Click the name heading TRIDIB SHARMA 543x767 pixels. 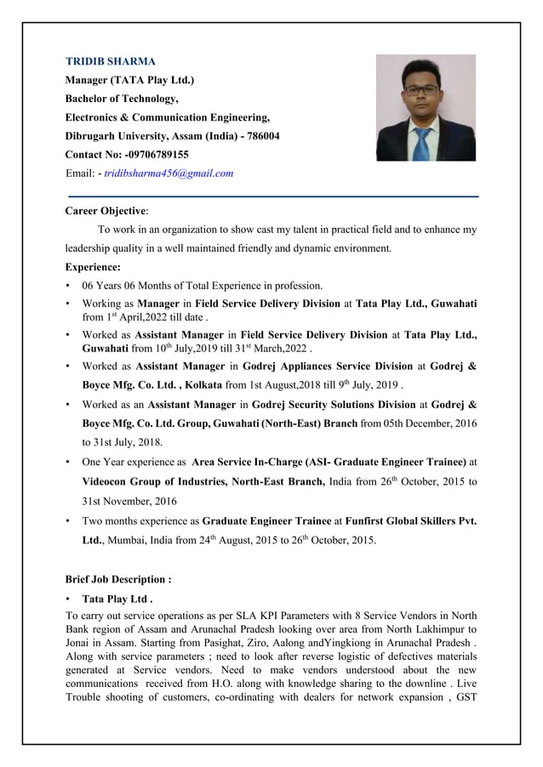point(111,62)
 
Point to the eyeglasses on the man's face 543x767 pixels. point(423,88)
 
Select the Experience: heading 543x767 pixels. point(93,267)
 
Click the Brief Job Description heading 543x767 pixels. point(118,579)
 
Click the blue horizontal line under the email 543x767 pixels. point(272,196)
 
